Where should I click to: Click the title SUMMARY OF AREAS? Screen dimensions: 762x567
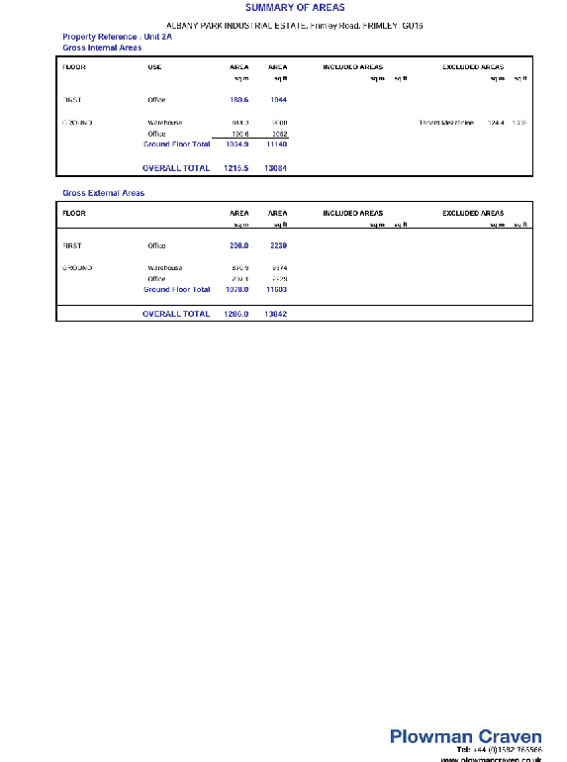[295, 8]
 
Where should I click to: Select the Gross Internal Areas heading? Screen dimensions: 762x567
[102, 47]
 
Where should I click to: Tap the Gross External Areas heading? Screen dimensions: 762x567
[103, 193]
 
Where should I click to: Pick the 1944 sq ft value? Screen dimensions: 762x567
[278, 100]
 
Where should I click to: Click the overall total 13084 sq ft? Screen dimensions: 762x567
[276, 168]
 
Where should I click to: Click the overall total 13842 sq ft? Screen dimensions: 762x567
[276, 314]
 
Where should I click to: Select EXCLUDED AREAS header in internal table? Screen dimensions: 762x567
[473, 67]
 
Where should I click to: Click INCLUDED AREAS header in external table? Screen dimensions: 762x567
[353, 213]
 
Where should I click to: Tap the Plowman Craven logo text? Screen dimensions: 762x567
[465, 736]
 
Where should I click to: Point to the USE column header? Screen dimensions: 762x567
[154, 67]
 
